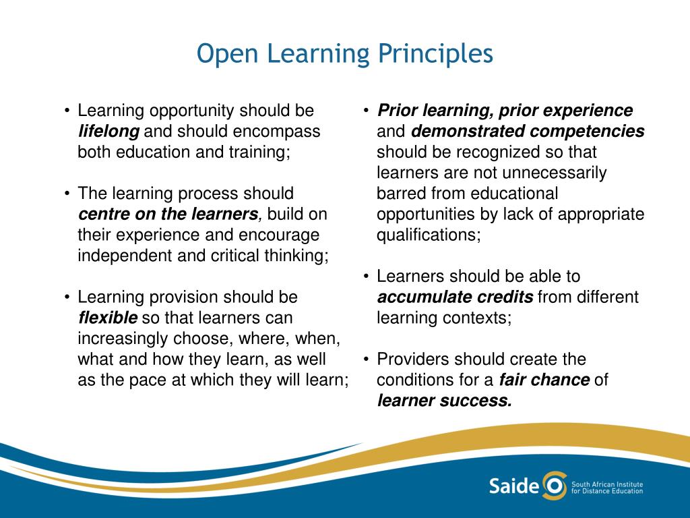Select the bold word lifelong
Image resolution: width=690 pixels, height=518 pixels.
[108, 131]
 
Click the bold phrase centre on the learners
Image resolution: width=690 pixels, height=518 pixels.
[168, 214]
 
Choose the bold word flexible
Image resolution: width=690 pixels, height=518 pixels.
[108, 318]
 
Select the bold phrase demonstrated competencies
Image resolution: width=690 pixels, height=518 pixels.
[528, 131]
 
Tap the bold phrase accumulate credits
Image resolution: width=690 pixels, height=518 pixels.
[456, 297]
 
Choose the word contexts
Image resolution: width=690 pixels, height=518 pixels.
[480, 318]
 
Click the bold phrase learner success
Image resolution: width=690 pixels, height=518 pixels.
[444, 401]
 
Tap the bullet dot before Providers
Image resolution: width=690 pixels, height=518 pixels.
[365, 359]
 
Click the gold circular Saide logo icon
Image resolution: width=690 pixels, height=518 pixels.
[554, 486]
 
